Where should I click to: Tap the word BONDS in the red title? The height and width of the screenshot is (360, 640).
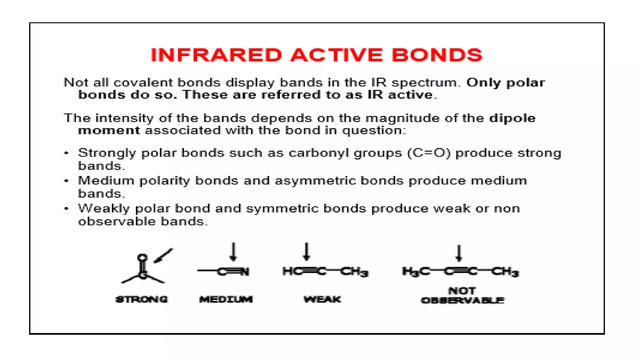437,55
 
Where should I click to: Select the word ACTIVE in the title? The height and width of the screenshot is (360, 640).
337,55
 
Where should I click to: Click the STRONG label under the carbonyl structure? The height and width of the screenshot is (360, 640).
142,299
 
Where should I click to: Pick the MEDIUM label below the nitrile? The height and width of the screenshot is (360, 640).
226,299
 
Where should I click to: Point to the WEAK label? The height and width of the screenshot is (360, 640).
322,299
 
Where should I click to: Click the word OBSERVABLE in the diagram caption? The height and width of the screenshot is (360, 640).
462,301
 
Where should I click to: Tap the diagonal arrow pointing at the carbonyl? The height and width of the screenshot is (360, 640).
163,256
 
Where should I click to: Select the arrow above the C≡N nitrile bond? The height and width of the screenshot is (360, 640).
233,252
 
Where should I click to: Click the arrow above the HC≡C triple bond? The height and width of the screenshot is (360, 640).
307,252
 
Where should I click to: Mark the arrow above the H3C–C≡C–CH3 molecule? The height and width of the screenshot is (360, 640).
459,253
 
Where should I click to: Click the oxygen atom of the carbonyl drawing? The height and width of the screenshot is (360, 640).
142,258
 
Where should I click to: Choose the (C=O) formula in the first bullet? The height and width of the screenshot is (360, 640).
429,153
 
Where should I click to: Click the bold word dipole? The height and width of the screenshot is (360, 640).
512,118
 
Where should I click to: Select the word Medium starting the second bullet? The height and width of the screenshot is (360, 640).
106,181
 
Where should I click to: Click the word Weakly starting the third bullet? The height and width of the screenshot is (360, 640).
104,209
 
